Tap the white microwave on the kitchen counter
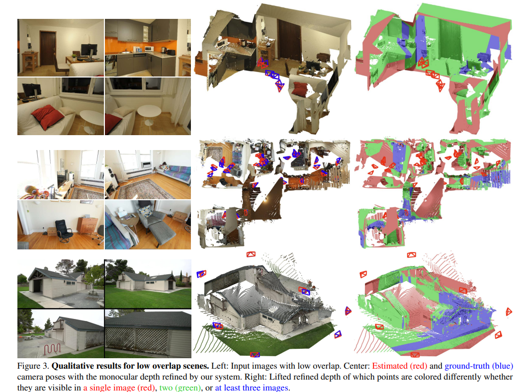tap(149, 49)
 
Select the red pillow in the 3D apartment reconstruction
tap(300, 88)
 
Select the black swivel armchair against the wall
tap(62, 231)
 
